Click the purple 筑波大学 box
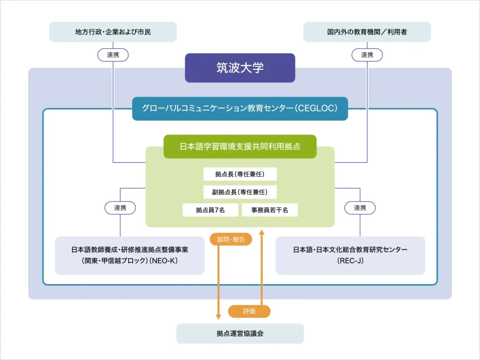(240, 68)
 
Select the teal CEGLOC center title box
(240, 108)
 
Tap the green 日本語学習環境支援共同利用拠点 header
(240, 146)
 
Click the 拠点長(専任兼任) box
(240, 174)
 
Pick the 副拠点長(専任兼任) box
(240, 192)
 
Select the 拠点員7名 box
(210, 210)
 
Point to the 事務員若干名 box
(270, 210)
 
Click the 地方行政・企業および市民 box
(113, 32)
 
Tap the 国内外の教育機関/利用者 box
(367, 32)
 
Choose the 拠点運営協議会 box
(240, 333)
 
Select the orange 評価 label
(249, 311)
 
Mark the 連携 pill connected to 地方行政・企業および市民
(113, 55)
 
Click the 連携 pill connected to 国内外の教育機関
(367, 55)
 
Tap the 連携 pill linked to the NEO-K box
(120, 208)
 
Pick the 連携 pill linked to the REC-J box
(360, 208)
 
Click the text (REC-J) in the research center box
(350, 261)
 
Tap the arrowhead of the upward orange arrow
(262, 232)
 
